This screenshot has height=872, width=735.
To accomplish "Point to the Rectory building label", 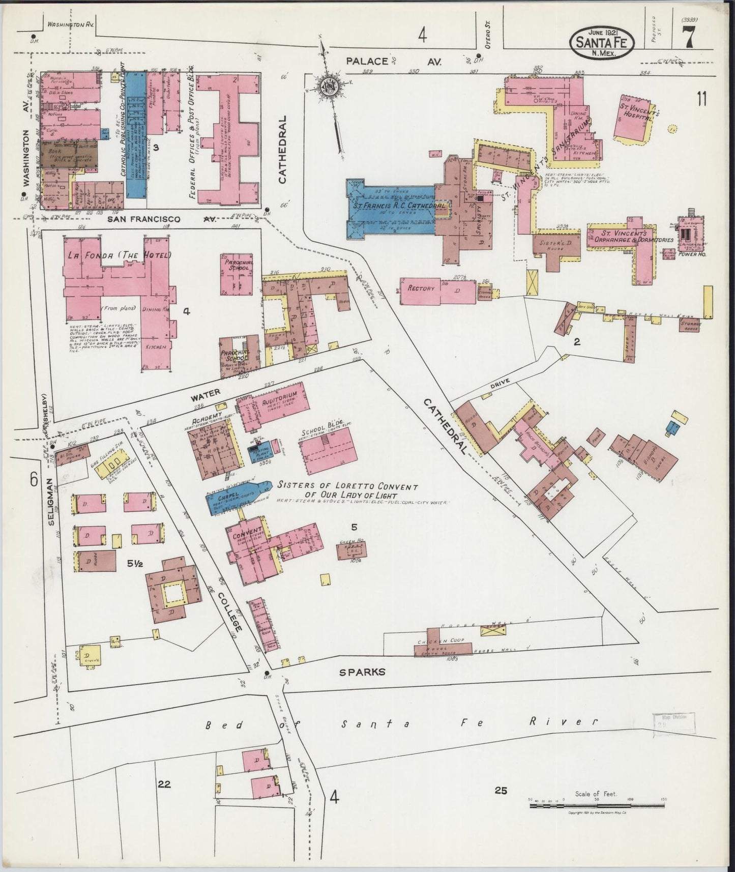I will [422, 288].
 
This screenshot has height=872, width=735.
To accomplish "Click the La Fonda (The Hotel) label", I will [117, 255].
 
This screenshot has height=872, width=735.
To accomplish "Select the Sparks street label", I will [362, 672].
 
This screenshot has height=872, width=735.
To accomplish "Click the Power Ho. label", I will [690, 250].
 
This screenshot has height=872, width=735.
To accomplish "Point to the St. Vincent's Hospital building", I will [635, 117].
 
